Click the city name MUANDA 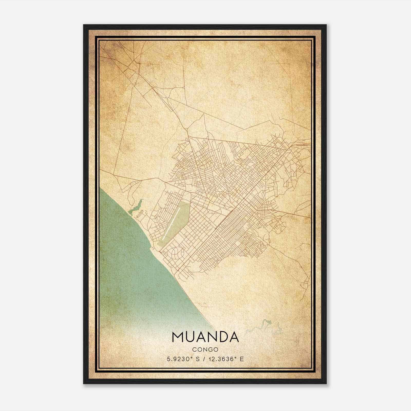(x=205, y=337)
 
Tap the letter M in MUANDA (x=178, y=337)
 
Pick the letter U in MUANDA (x=190, y=337)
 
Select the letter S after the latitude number (x=198, y=359)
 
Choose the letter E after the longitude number (x=242, y=359)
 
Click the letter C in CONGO (x=194, y=350)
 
